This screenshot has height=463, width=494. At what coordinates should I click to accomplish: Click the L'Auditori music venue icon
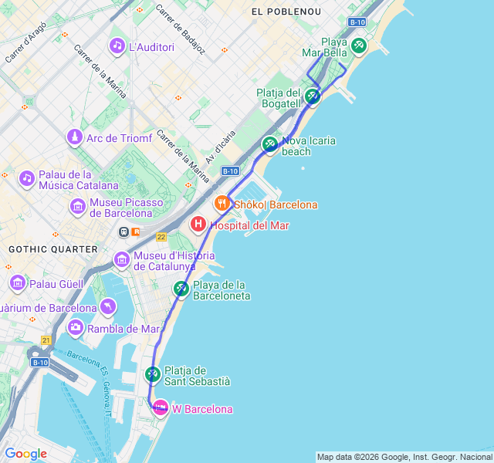point(117,46)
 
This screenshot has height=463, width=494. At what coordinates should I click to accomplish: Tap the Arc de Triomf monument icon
point(74,138)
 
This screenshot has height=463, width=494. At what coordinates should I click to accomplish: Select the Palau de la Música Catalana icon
point(27,178)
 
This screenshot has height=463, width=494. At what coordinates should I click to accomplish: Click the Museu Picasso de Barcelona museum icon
point(77,207)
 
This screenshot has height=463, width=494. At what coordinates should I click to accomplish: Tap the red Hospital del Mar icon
point(198,225)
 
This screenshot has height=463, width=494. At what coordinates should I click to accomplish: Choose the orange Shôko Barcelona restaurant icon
point(222,204)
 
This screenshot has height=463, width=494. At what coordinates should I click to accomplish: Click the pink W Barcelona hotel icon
point(160,408)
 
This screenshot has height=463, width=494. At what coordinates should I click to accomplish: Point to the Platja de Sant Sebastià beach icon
point(152,374)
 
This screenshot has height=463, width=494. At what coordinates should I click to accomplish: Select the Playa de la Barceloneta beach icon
point(181,289)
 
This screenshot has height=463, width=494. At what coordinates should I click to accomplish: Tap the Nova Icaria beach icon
point(269,144)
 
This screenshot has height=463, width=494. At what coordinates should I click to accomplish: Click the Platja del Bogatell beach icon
point(312,96)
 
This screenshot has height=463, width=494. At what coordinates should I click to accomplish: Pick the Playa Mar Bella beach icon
point(358,46)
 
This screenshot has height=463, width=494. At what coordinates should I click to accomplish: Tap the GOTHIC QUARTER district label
point(52,249)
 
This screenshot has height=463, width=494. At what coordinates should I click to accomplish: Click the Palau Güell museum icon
point(17,283)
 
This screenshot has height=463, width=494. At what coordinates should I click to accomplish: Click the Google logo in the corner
point(25,454)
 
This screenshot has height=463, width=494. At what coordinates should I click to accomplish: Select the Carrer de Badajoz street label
point(181,29)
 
